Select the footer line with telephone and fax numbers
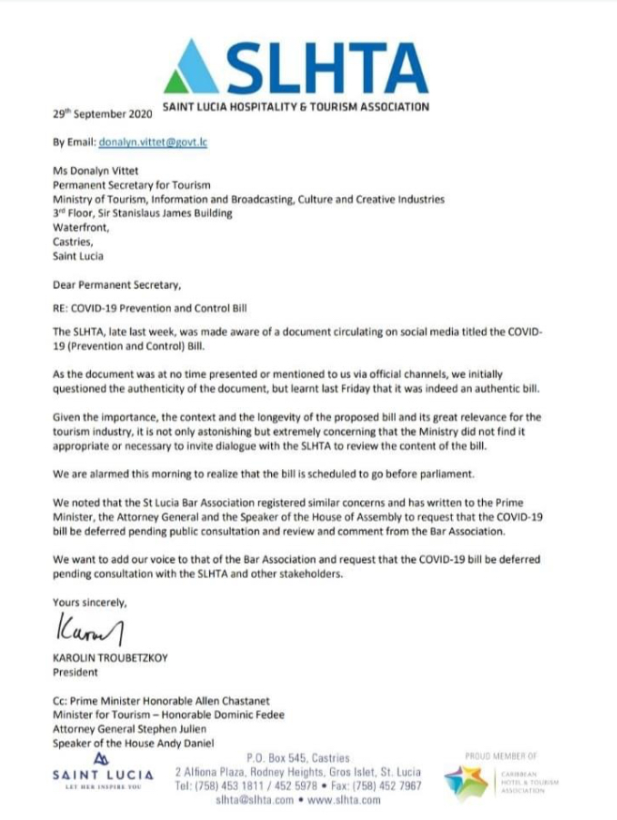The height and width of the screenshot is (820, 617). coord(298,785)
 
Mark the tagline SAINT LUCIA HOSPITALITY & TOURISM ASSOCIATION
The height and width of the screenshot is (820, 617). coord(296,107)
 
